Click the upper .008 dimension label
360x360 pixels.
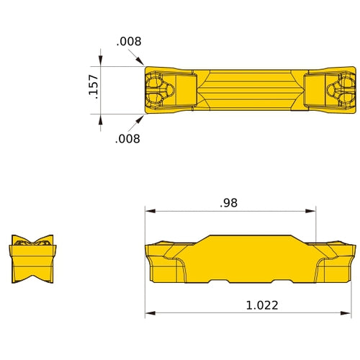129,42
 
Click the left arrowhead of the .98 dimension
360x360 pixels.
149,212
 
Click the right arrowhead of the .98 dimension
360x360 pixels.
312,212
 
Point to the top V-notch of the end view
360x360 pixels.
32,241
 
